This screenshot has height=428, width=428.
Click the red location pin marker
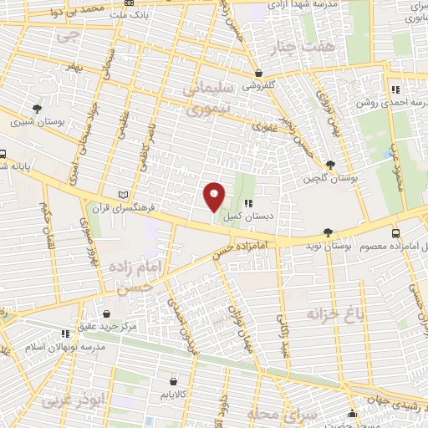click(214, 196)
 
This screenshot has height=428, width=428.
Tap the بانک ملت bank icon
click(128, 13)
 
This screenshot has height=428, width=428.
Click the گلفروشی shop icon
click(259, 74)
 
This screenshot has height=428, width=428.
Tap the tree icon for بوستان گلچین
click(331, 165)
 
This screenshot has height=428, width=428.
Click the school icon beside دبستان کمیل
click(247, 204)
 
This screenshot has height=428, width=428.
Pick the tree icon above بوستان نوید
click(327, 233)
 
